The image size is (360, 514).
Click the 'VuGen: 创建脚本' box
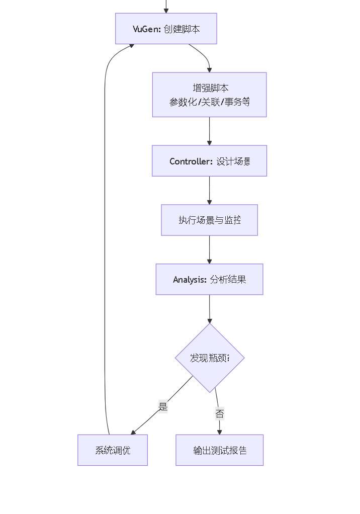tap(166, 29)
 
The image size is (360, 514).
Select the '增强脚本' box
tap(209, 95)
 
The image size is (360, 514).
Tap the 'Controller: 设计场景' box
tap(209, 161)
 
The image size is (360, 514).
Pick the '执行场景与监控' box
tap(209, 220)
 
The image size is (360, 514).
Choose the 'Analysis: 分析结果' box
tap(209, 279)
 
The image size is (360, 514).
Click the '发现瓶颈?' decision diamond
tap(210, 358)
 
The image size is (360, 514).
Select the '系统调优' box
tap(113, 450)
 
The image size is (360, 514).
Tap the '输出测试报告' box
tap(219, 450)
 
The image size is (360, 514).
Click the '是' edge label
tap(163, 407)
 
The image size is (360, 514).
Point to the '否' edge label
tap(220, 414)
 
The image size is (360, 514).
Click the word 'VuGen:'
tap(146, 29)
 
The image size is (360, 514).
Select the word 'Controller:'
tap(191, 161)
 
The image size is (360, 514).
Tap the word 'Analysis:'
tap(190, 280)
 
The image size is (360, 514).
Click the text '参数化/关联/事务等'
tap(210, 102)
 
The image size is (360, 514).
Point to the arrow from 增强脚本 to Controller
tap(209, 132)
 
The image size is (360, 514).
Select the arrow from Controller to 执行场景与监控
tap(209, 191)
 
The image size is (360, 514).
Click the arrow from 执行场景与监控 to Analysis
tap(209, 250)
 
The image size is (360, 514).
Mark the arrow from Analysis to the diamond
tap(210, 309)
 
